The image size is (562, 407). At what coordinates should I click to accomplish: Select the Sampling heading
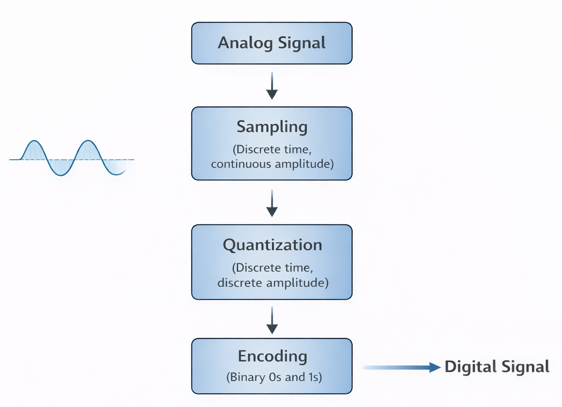271,127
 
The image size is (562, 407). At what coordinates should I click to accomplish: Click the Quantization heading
272,245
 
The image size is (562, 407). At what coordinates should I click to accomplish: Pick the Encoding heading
272,356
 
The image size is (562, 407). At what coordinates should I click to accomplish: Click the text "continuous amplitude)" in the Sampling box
272,164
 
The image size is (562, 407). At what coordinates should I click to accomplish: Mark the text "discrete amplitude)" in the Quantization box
272,283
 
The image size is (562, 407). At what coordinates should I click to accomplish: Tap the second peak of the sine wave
86,142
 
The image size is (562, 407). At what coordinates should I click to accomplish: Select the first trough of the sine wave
61,175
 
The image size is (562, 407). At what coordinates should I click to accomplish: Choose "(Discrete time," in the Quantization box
272,268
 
